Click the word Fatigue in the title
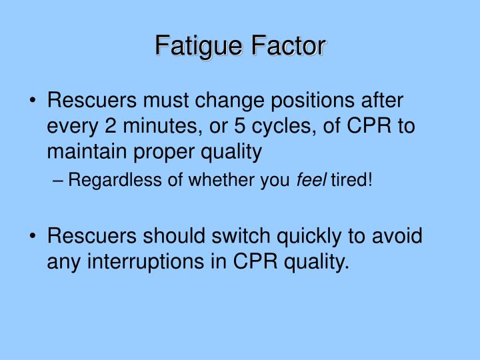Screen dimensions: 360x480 tap(199, 47)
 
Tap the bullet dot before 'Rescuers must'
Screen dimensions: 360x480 tap(33, 103)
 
